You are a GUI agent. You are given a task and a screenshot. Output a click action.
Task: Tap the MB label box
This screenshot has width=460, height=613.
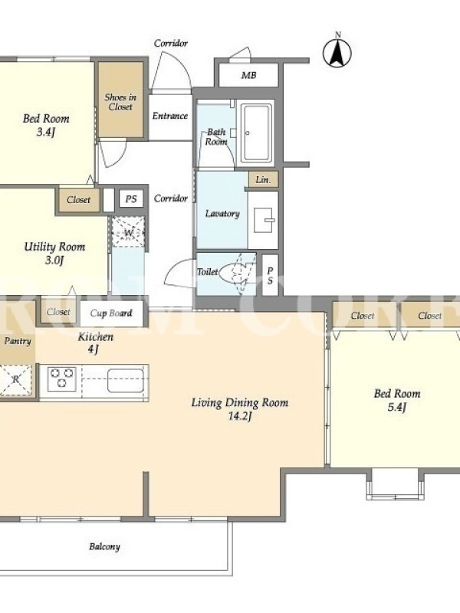(248, 75)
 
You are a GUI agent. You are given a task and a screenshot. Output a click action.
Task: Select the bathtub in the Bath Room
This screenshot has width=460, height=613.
(256, 133)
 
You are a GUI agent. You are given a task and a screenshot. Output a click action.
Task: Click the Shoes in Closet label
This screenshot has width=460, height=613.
(120, 102)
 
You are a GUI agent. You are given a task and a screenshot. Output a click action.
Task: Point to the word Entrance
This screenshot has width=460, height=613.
(170, 116)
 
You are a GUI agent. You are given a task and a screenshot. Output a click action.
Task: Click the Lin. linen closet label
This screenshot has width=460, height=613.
(263, 180)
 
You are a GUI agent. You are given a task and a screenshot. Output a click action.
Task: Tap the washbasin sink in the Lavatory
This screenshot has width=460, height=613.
(264, 220)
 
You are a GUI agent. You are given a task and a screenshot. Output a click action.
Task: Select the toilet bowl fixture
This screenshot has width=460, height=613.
(233, 273)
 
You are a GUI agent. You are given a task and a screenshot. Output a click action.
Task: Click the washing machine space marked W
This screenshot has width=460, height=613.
(128, 233)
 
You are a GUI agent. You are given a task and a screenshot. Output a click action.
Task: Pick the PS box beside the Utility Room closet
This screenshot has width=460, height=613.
(131, 199)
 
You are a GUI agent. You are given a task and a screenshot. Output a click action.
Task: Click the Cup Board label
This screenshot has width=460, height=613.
(111, 313)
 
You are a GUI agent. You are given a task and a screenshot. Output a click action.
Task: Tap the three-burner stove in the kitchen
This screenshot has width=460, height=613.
(62, 379)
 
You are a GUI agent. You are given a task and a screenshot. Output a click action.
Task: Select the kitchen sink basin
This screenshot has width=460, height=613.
(126, 380)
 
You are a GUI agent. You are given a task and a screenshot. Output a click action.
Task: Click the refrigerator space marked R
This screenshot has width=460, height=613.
(15, 379)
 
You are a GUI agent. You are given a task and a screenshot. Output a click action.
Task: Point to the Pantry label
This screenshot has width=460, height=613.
(18, 341)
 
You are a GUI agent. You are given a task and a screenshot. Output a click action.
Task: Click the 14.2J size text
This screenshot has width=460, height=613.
(240, 416)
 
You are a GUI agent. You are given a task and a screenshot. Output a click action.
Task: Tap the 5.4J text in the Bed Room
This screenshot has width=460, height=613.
(397, 408)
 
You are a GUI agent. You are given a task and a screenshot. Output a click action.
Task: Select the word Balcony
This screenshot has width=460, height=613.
(104, 546)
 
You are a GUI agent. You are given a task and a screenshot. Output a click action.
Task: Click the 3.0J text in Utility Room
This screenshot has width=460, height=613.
(54, 261)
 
